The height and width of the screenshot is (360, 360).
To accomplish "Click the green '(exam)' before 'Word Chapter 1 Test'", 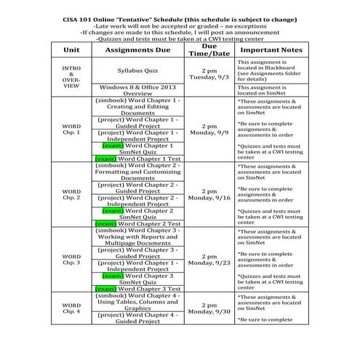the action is tap(105, 158).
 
